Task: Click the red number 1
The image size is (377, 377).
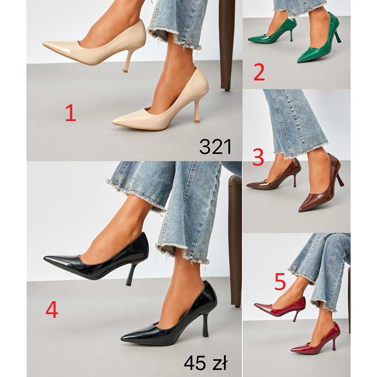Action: coord(71,113)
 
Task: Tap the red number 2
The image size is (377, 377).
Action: coord(259,72)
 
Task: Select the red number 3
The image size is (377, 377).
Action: coord(258,157)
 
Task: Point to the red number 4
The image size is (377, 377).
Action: coord(52,310)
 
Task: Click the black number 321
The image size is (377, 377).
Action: coord(215,147)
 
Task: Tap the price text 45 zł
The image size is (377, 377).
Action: coord(205,363)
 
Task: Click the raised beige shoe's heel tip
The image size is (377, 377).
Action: coord(125,71)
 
